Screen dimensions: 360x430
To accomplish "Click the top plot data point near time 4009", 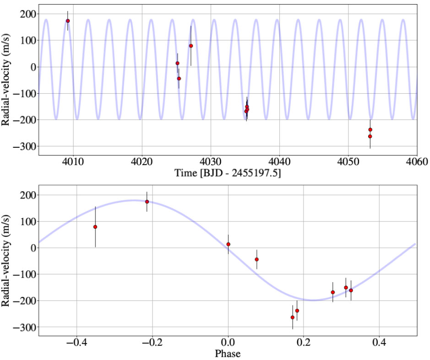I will point(67,21).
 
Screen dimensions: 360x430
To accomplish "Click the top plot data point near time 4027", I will point(191,46).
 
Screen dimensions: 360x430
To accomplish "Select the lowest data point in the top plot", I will point(370,136).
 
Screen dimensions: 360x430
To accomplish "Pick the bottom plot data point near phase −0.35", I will point(95,227).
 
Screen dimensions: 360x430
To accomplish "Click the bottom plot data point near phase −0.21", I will point(147,202).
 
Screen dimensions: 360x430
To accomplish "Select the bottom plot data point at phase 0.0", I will point(228,244).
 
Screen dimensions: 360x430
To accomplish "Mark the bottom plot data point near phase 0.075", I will point(257,259).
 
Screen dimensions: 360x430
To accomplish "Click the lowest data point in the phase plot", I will point(293,317).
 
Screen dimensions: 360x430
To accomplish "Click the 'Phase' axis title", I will point(228,353).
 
